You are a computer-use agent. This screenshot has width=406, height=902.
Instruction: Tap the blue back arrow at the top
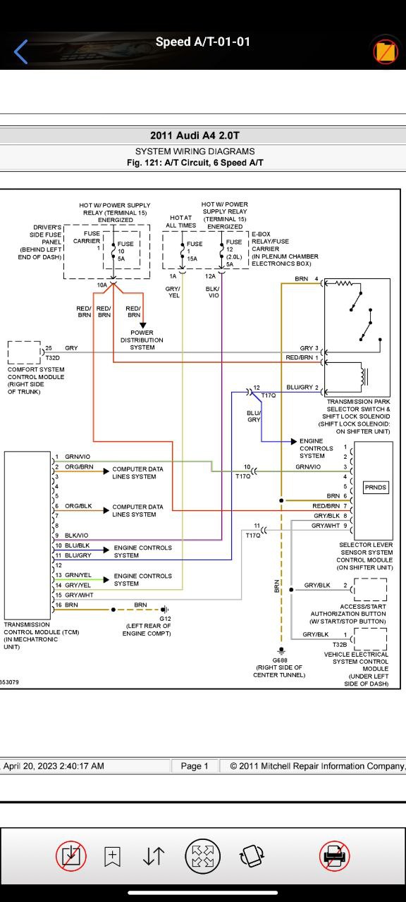tap(20, 51)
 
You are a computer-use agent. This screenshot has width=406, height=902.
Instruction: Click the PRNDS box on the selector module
tap(376, 487)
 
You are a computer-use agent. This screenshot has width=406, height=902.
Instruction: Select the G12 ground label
tap(165, 619)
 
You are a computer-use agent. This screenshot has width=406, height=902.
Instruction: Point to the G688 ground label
tap(280, 660)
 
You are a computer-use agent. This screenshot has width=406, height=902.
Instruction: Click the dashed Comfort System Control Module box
tap(24, 352)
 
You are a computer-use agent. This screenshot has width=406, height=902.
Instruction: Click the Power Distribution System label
tap(142, 340)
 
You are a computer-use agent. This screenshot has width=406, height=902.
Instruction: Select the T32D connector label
tap(53, 357)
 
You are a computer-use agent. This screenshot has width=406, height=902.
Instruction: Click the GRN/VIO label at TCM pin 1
tap(78, 457)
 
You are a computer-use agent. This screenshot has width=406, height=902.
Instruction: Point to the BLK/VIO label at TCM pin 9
tap(77, 535)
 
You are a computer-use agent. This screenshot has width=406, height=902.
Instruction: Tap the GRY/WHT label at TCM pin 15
tap(79, 595)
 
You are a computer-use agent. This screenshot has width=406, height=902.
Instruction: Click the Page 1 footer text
tap(195, 766)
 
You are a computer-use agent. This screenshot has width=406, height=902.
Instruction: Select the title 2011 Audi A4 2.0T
tap(195, 135)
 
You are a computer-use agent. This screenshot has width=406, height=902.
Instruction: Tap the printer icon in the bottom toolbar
tap(334, 855)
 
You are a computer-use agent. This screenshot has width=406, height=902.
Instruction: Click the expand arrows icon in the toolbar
tap(202, 855)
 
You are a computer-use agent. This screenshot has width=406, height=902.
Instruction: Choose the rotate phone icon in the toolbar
tap(252, 855)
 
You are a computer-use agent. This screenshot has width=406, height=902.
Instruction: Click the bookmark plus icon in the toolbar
tap(112, 856)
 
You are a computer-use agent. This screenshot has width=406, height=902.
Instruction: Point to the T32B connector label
tap(340, 644)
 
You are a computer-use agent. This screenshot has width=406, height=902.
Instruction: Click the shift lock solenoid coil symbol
tap(364, 376)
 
